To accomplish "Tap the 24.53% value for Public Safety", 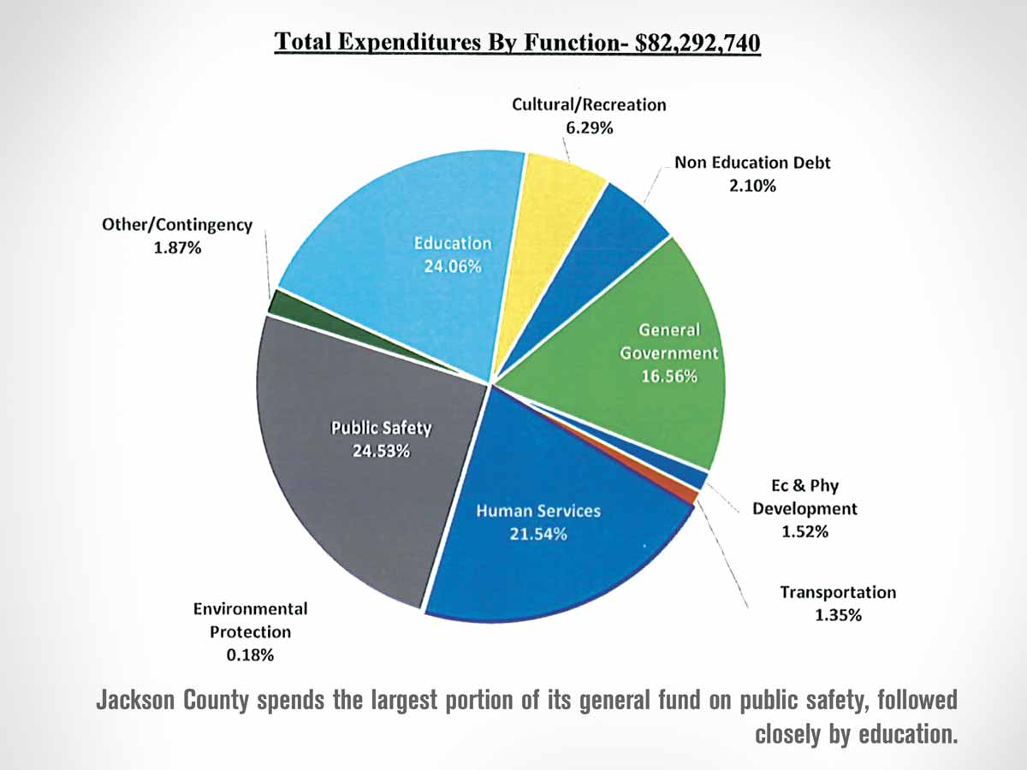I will (382, 451).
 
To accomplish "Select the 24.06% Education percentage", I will (453, 265).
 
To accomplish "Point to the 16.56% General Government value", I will (669, 375).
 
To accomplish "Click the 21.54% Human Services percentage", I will (538, 534).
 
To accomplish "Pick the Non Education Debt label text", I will (752, 162).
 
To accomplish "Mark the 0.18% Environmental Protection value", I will (250, 654).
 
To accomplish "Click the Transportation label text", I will (838, 592).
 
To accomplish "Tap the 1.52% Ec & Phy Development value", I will (804, 531).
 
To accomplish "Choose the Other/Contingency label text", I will (176, 226).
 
